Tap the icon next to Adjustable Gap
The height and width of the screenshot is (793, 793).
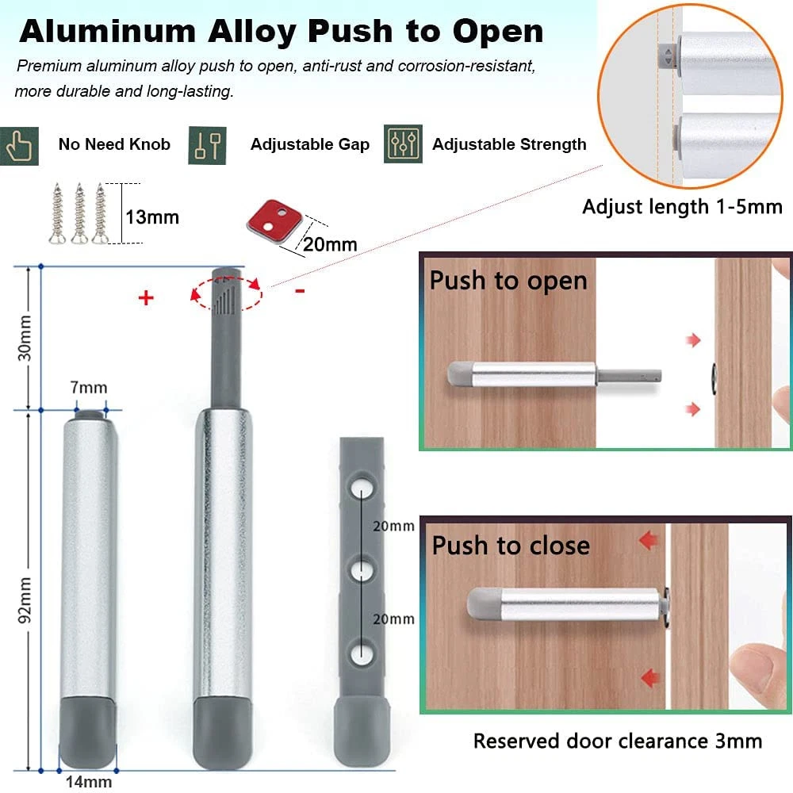(207, 144)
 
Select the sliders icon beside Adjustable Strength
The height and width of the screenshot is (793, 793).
(403, 144)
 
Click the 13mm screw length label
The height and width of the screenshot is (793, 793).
(152, 216)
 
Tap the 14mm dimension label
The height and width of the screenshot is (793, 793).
(88, 781)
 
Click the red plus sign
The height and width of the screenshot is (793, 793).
(145, 298)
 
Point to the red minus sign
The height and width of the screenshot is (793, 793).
(300, 291)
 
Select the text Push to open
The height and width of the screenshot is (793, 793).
(508, 282)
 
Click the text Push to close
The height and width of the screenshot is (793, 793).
(511, 546)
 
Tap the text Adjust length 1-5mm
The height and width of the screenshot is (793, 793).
(682, 207)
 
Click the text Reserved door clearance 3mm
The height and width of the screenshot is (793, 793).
(617, 741)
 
